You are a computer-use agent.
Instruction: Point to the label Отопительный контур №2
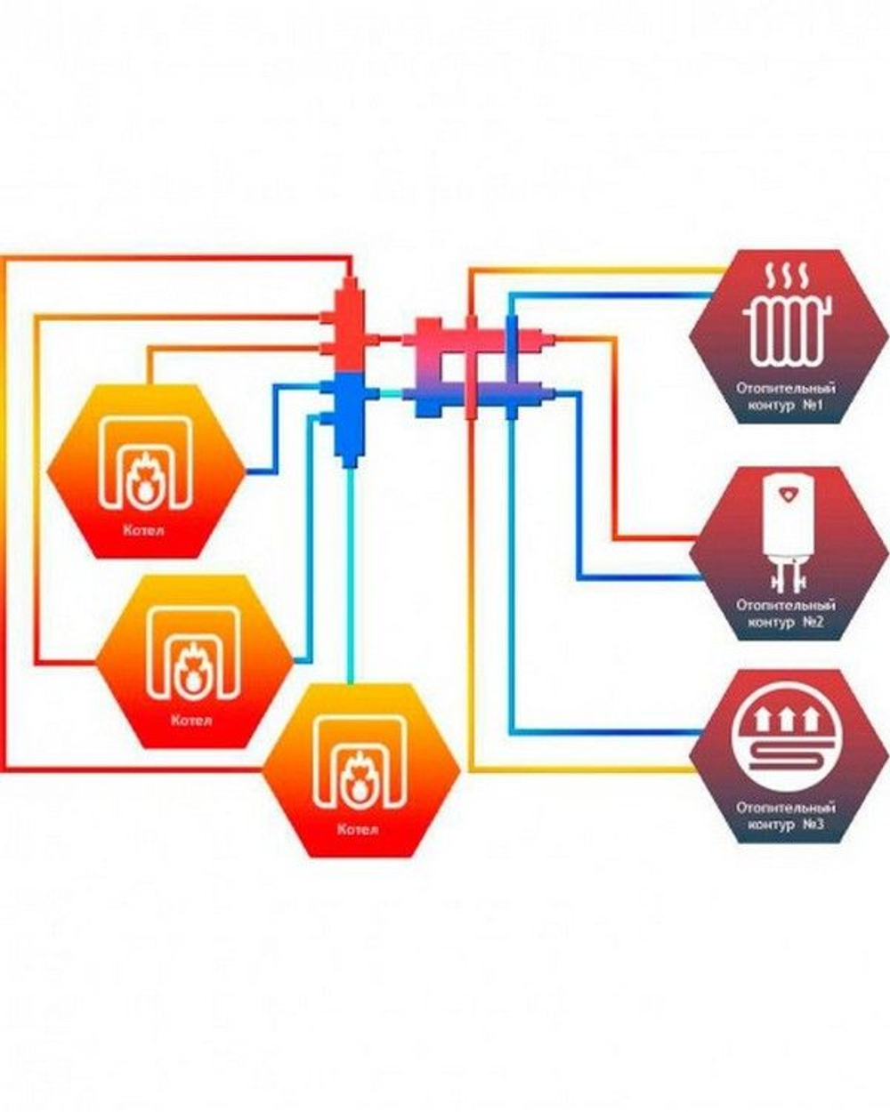786,613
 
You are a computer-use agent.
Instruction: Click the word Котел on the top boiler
144,529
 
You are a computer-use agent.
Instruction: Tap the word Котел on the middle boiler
192,720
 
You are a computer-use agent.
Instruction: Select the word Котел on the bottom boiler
358,829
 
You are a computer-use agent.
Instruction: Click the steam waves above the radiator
787,277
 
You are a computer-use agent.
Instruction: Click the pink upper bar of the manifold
478,338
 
